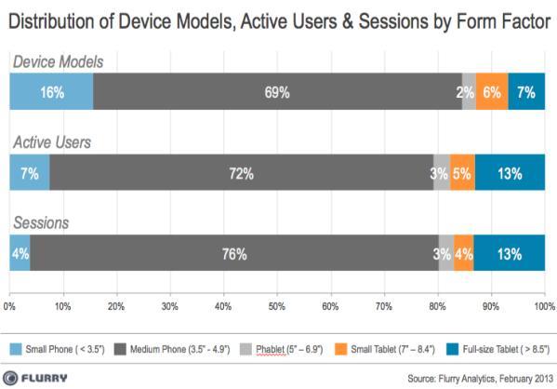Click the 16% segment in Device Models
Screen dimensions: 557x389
(x=51, y=91)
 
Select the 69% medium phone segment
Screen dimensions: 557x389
(x=277, y=91)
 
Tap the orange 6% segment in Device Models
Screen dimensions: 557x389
(x=492, y=91)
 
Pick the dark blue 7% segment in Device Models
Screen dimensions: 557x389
(x=526, y=91)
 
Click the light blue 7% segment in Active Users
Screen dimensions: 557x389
(x=30, y=172)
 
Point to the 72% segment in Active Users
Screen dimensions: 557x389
(x=242, y=172)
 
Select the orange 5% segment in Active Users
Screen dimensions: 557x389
(x=462, y=172)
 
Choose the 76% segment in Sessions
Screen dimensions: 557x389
(x=234, y=253)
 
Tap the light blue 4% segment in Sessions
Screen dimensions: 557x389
(x=20, y=253)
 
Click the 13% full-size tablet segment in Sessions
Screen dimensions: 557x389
(x=509, y=253)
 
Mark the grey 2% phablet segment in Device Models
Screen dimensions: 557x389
(x=469, y=91)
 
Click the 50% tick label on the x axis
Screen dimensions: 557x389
(x=277, y=306)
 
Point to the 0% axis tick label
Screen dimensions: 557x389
(x=9, y=306)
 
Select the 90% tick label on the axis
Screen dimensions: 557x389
(x=491, y=306)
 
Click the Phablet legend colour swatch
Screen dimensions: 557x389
(x=245, y=349)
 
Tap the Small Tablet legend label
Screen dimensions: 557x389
(x=393, y=350)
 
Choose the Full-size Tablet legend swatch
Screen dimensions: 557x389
(x=452, y=349)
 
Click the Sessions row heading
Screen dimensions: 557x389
(x=41, y=223)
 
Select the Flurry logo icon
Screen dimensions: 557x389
(x=10, y=378)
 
